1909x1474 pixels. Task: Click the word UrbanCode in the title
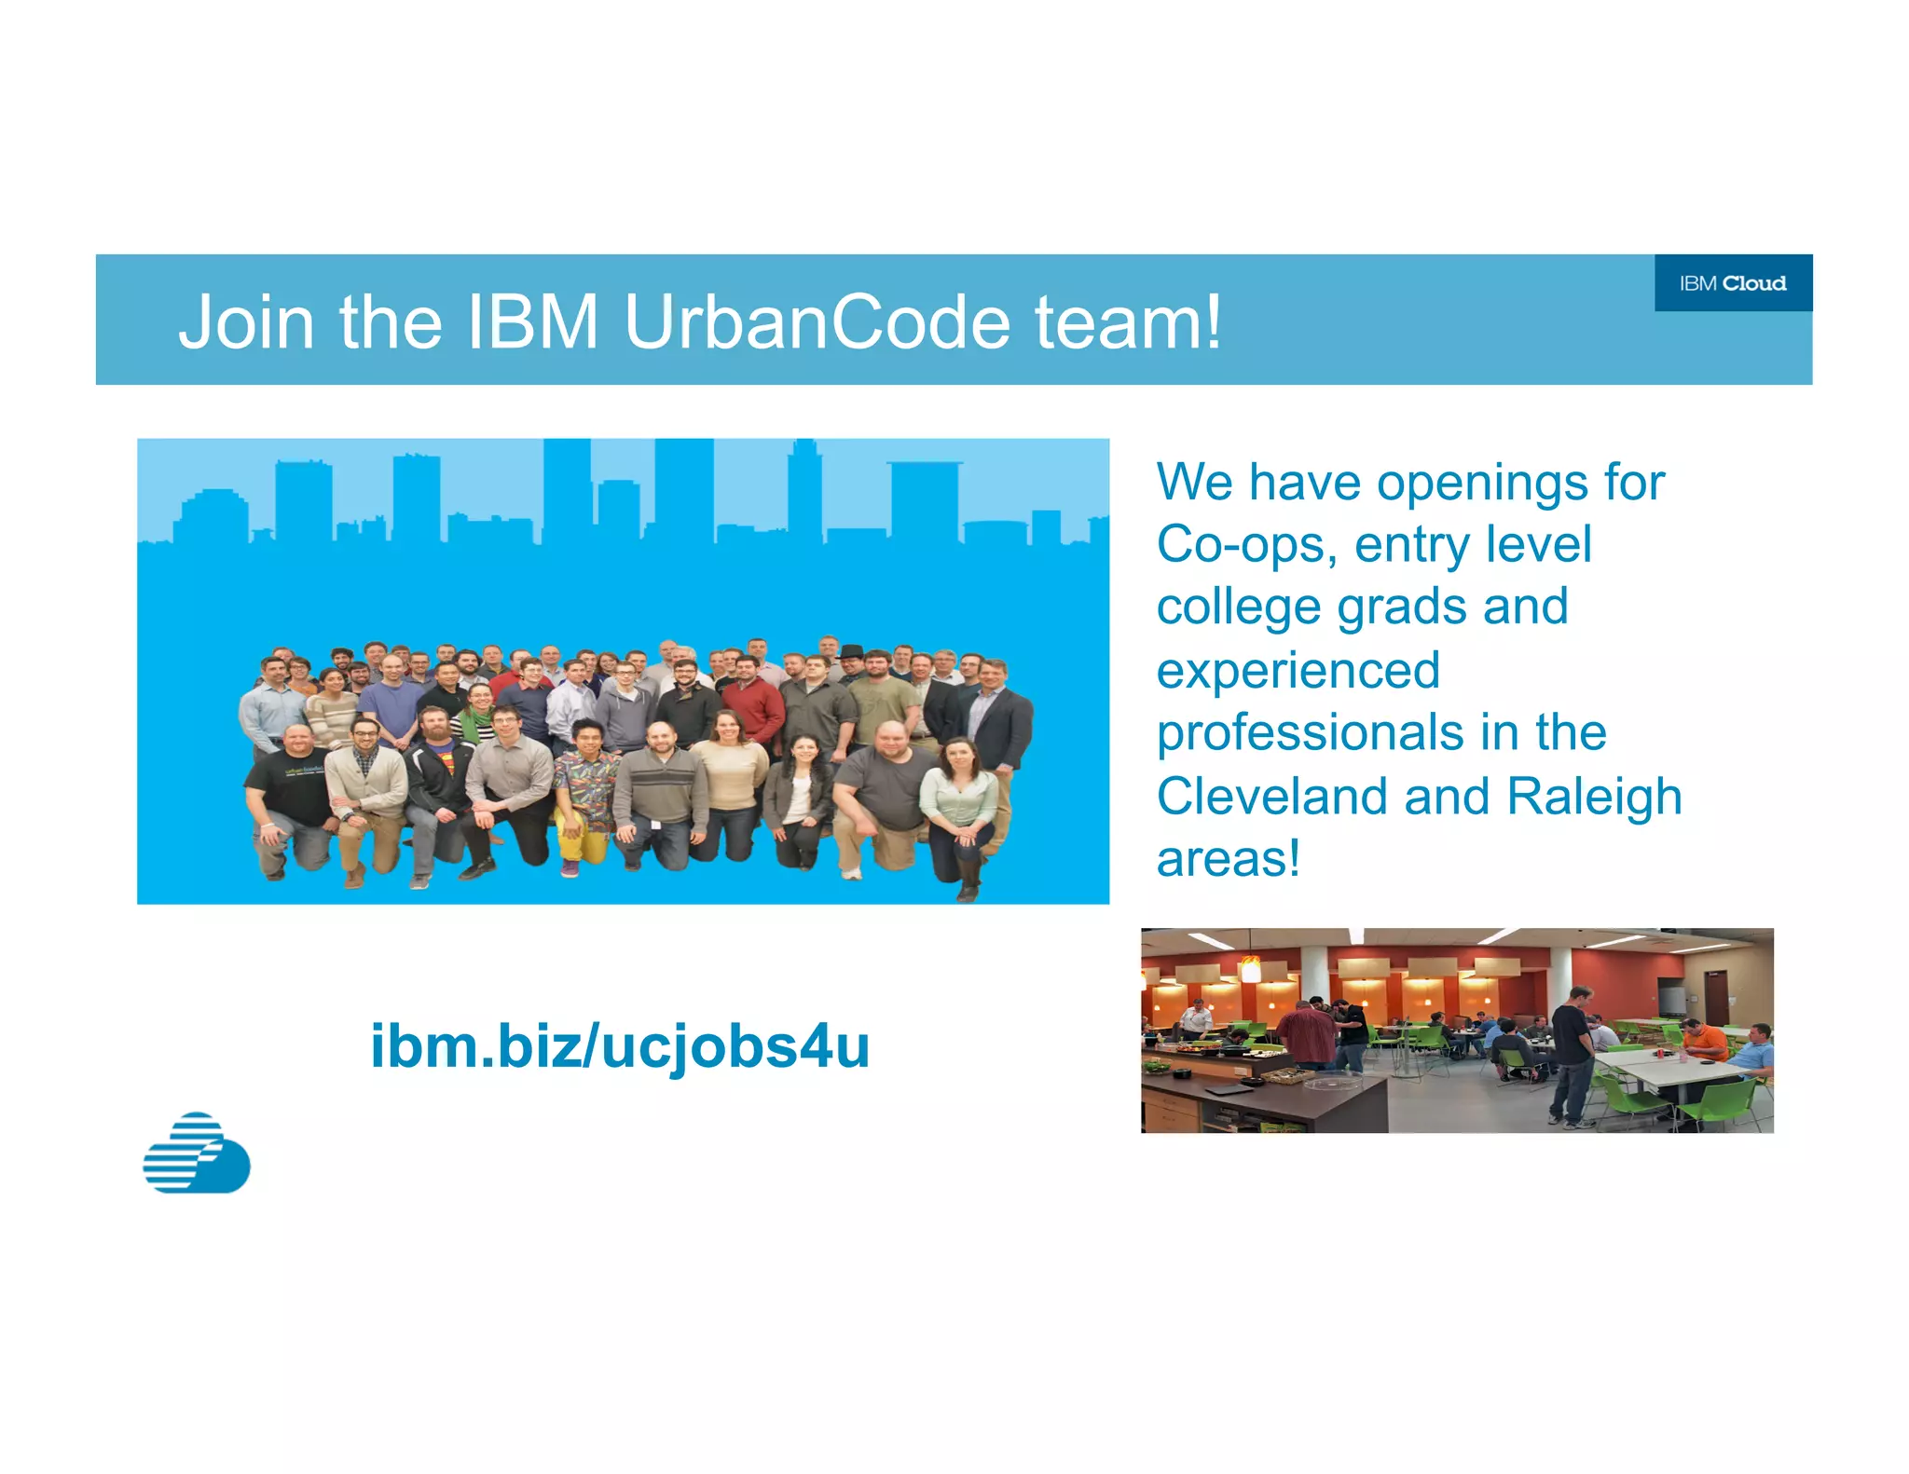coord(817,322)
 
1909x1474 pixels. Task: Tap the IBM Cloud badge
coord(1733,283)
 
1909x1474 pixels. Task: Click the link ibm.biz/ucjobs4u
coord(620,1046)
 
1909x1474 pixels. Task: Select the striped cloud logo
coord(197,1153)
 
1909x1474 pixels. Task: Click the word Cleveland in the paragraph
coord(1272,797)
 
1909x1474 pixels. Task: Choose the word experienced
coord(1298,670)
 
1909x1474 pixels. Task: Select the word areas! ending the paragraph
coord(1228,859)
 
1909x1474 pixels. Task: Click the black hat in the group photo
coord(852,651)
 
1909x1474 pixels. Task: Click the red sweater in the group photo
coord(753,708)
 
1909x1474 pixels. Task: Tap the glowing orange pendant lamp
coord(1251,971)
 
